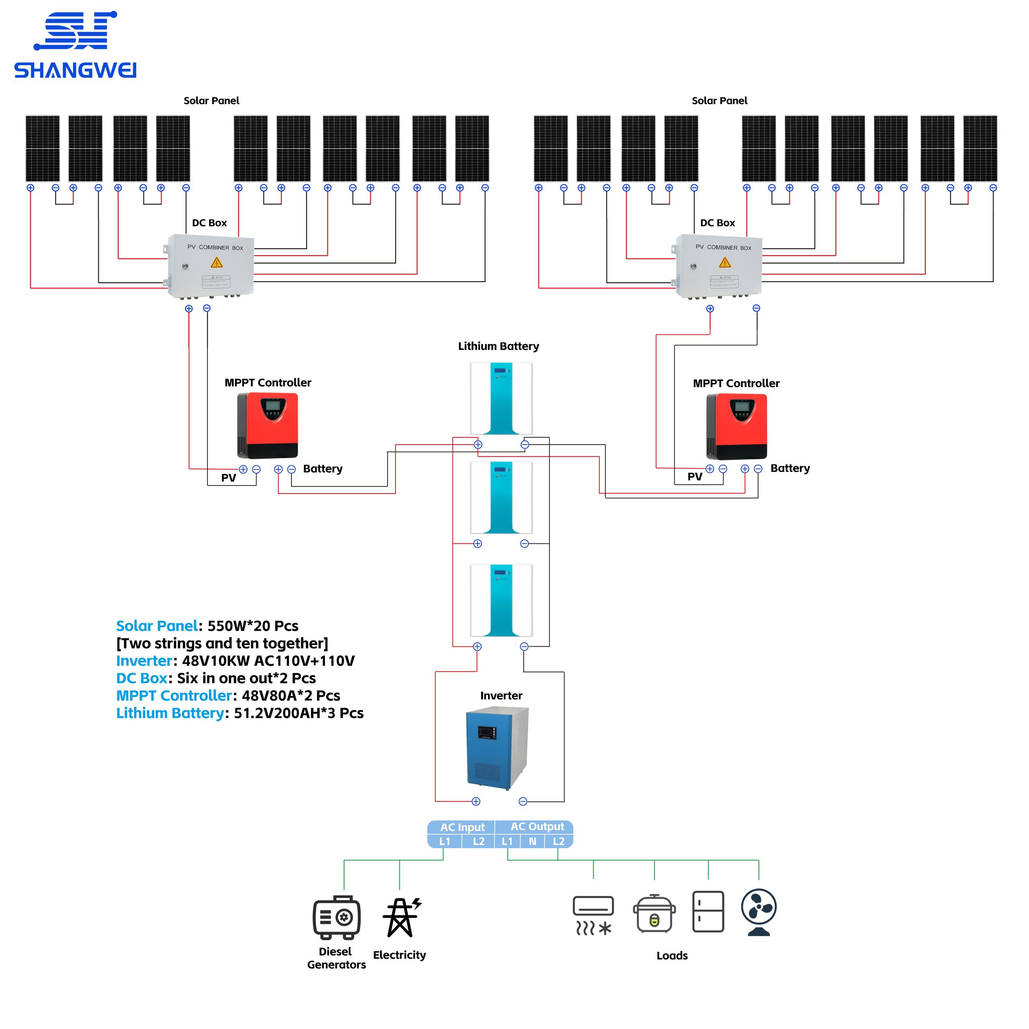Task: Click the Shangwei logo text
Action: pyautogui.click(x=75, y=70)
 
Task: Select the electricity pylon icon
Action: pyautogui.click(x=401, y=917)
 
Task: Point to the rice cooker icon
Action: pyautogui.click(x=654, y=914)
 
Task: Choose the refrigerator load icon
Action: pyautogui.click(x=708, y=911)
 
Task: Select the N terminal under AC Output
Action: pyautogui.click(x=532, y=842)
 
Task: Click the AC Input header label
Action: pyautogui.click(x=462, y=827)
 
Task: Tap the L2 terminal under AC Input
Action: pyautogui.click(x=478, y=842)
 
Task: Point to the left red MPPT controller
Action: pyautogui.click(x=267, y=425)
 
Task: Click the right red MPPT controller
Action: pyautogui.click(x=737, y=426)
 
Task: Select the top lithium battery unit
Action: pyautogui.click(x=501, y=398)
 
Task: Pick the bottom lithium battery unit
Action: pyautogui.click(x=501, y=600)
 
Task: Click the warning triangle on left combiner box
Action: pyautogui.click(x=216, y=262)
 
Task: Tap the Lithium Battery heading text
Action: pyautogui.click(x=498, y=346)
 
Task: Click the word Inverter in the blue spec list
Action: pyautogui.click(x=144, y=661)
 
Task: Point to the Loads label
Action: pyautogui.click(x=672, y=955)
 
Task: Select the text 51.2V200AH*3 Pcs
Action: pyautogui.click(x=298, y=713)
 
